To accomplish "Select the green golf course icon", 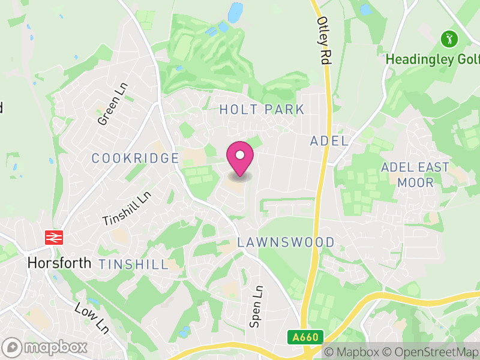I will click(449, 40).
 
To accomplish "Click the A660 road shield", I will click(305, 338).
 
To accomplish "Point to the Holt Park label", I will click(262, 110).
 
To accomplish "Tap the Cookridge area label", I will click(135, 158).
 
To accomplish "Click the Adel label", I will click(329, 141).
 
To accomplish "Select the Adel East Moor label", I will click(415, 174).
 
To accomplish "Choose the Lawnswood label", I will click(286, 242).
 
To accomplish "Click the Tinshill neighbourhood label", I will click(133, 265).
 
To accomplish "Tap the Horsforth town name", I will click(59, 263).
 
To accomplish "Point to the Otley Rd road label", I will click(324, 40).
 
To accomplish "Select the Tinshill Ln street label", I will click(127, 209).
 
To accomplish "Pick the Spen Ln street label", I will click(256, 306).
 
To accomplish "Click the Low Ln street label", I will click(91, 318).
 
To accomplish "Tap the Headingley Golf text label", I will click(432, 59).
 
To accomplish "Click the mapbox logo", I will click(45, 347).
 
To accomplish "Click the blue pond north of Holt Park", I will click(235, 11).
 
